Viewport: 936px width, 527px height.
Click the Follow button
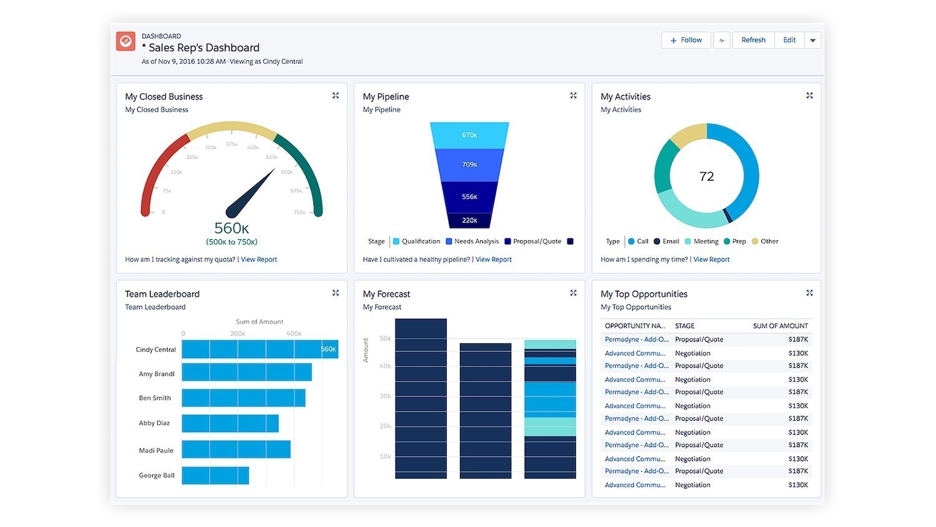[686, 40]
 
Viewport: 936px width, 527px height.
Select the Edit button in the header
[789, 40]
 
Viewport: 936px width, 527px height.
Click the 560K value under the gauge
[232, 229]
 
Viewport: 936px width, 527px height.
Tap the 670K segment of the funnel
[469, 135]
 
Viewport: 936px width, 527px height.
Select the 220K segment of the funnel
[469, 220]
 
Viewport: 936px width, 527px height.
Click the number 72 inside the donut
[706, 177]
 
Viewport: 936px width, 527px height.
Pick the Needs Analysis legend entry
[472, 242]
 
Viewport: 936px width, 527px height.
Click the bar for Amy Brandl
[246, 373]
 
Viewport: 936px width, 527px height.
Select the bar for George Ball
[215, 475]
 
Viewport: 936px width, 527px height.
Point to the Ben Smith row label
[155, 398]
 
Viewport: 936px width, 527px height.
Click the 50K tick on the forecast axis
[385, 338]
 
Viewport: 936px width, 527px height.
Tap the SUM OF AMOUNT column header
[780, 326]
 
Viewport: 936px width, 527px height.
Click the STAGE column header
[685, 326]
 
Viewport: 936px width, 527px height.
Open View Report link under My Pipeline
[494, 260]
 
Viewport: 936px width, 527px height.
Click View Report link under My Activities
[711, 260]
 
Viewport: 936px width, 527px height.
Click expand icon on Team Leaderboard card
[336, 293]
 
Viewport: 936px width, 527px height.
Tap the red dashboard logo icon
[126, 41]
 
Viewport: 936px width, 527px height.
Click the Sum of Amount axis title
[260, 322]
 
